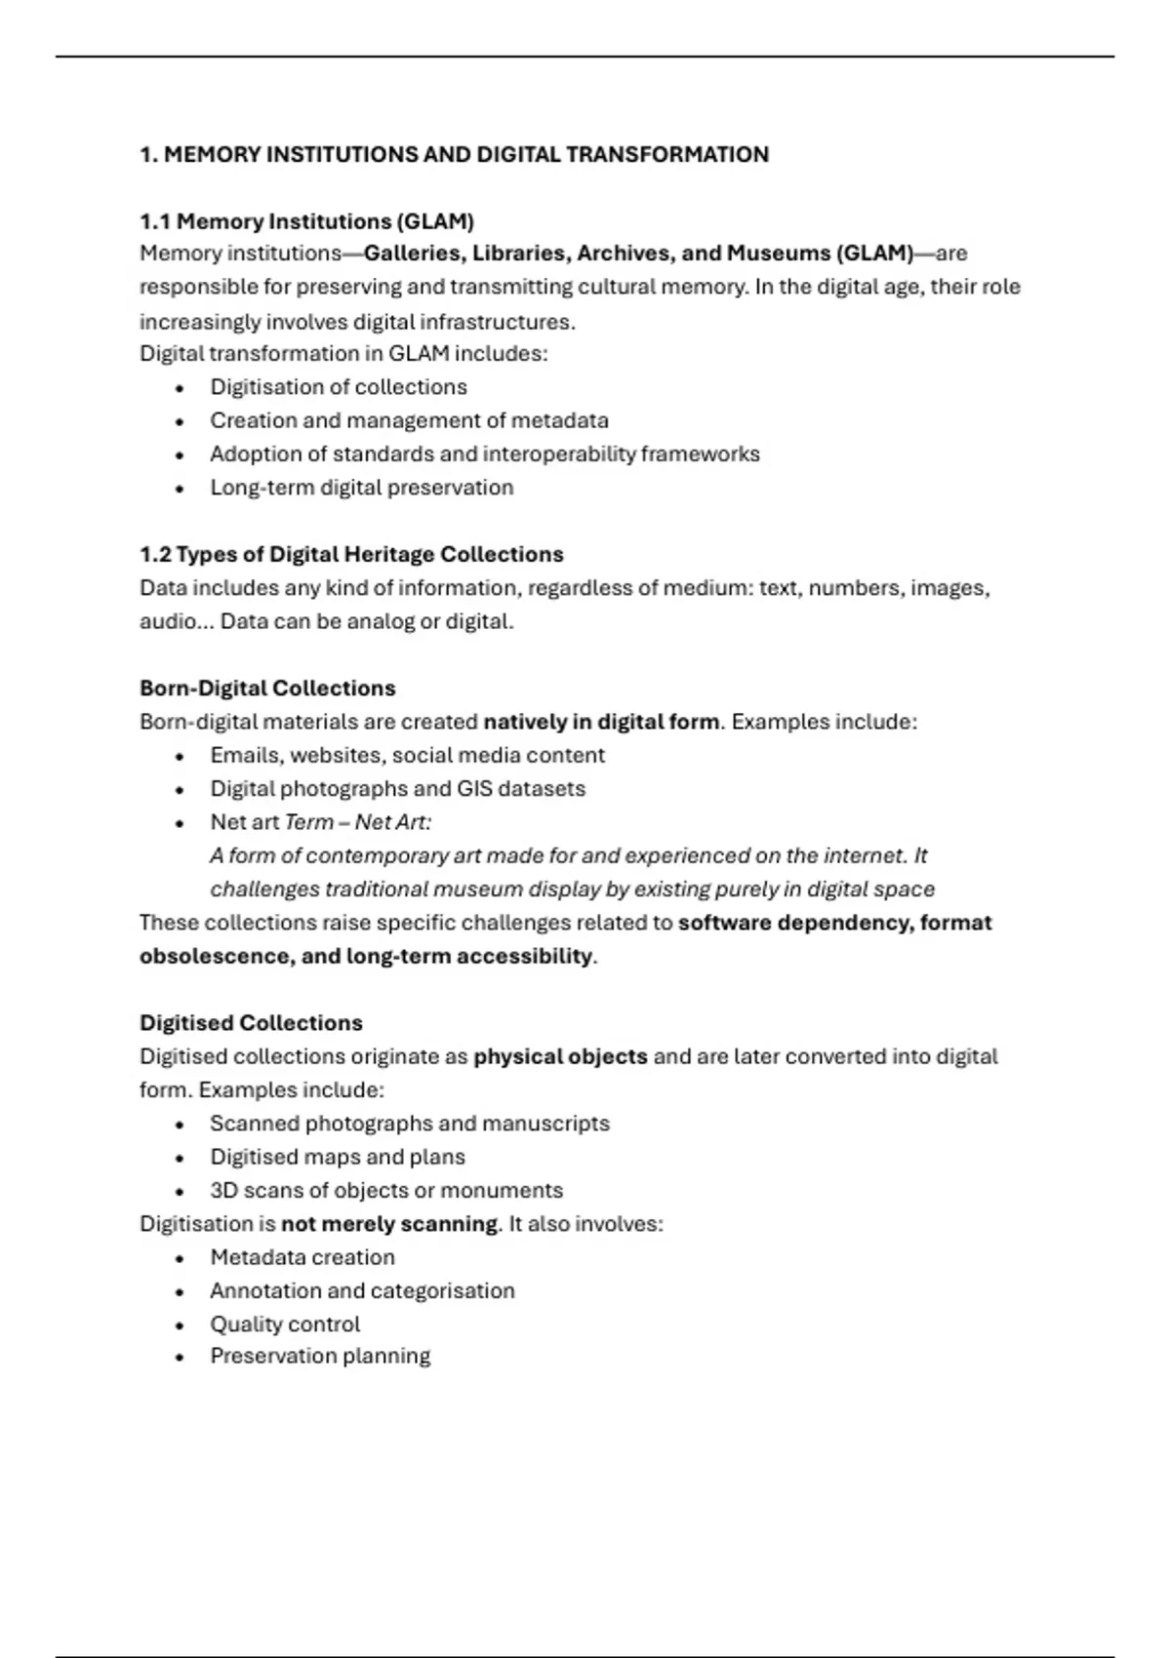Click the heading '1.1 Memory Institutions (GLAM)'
point(306,221)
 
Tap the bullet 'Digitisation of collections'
point(338,387)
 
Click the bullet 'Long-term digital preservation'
point(361,488)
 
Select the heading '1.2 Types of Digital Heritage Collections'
point(351,555)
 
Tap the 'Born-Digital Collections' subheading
point(267,689)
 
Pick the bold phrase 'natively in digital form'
point(601,722)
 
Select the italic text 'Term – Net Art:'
point(357,822)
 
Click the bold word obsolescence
point(213,956)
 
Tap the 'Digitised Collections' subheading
point(251,1023)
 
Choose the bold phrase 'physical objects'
point(560,1056)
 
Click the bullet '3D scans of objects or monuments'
point(386,1190)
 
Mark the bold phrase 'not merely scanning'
point(389,1224)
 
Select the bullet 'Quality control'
point(285,1324)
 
